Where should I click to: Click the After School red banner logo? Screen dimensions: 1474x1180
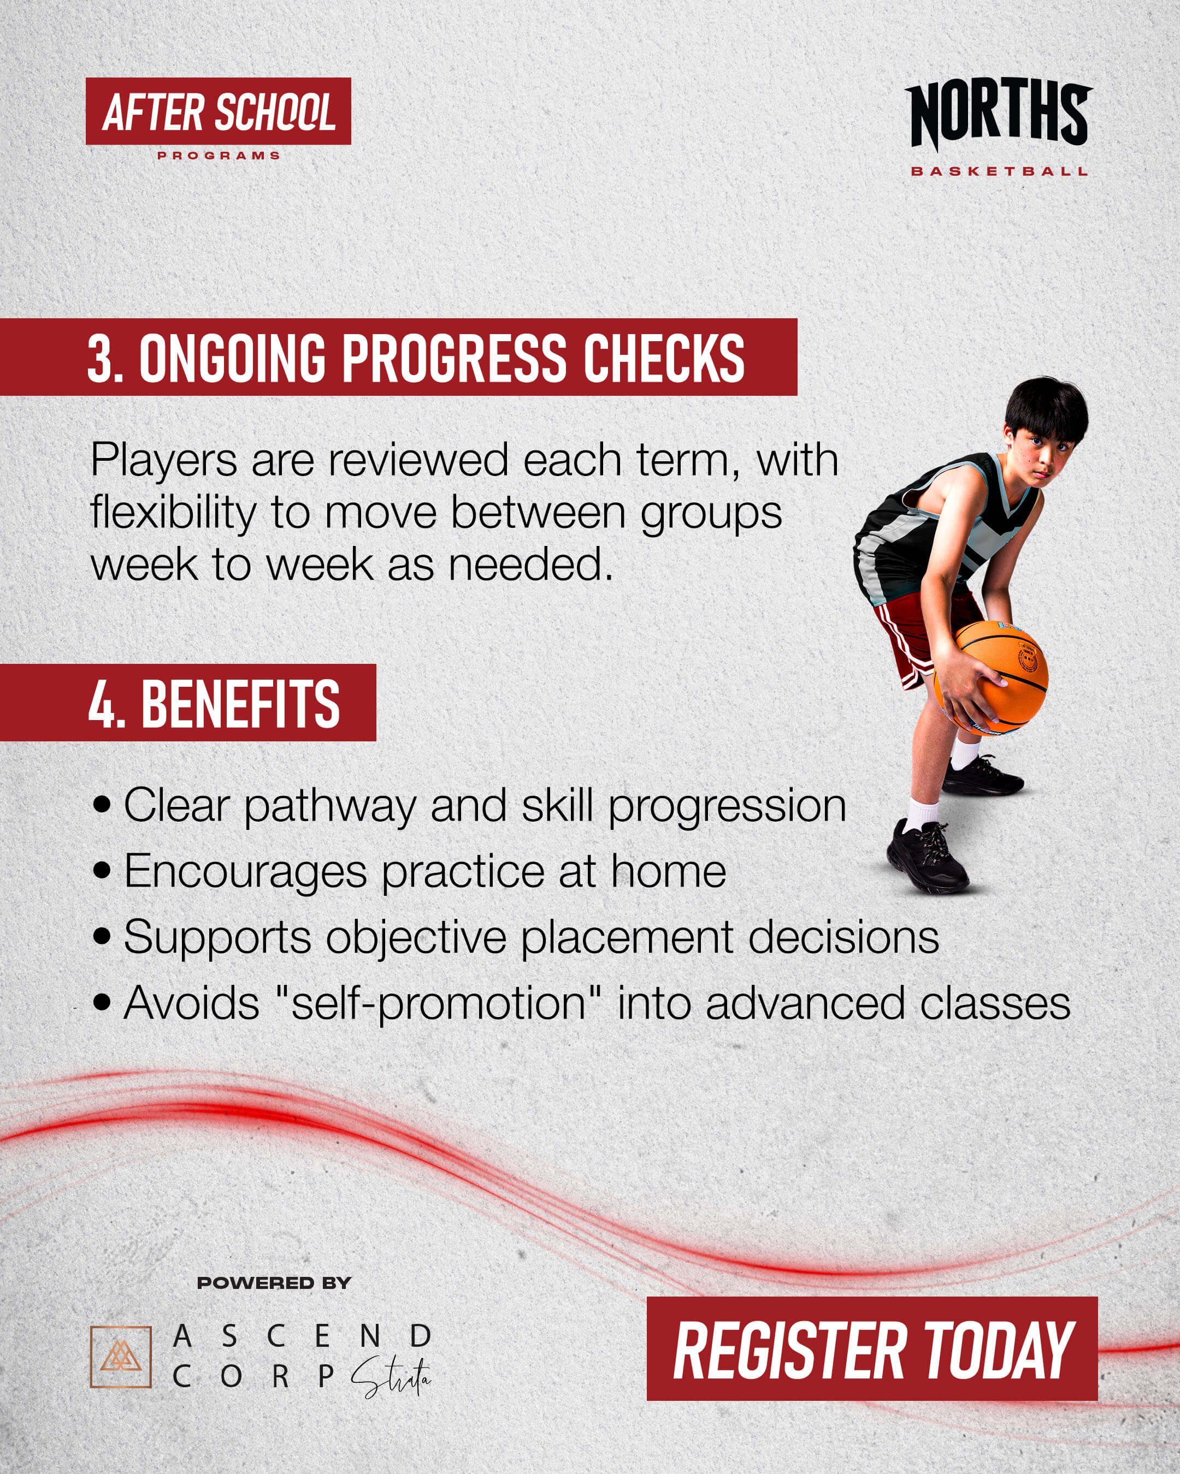218,111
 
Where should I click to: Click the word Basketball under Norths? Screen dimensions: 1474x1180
999,171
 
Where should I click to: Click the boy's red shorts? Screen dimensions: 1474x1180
917,632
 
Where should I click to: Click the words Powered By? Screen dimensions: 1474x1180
274,1283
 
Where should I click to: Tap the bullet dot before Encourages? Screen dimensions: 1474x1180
102,871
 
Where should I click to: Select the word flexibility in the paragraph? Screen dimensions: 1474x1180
174,512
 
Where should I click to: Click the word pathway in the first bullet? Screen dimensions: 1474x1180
330,805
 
